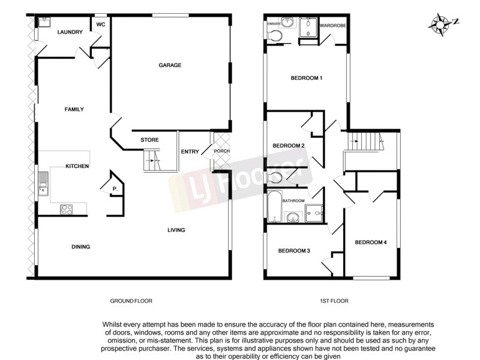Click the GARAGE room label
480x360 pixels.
[x=170, y=65]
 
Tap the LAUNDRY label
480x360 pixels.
[x=70, y=32]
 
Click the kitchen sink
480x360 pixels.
[x=43, y=183]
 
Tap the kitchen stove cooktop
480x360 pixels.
[x=67, y=209]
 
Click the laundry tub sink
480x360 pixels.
[x=44, y=23]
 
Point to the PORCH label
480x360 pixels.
[x=222, y=151]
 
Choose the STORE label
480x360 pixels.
[x=149, y=140]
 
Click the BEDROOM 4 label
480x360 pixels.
[x=370, y=242]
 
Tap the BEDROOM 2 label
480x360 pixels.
[x=289, y=146]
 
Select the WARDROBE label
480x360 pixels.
[x=333, y=26]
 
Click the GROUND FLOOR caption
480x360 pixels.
[x=131, y=301]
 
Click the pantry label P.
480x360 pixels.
[x=114, y=190]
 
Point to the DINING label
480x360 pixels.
[x=80, y=247]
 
